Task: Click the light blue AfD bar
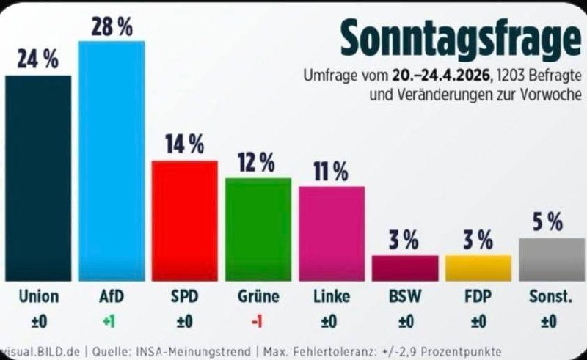[111, 161]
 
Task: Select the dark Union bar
[38, 178]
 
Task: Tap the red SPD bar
[184, 220]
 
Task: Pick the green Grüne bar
[258, 229]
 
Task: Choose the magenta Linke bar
[332, 233]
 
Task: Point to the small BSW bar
[405, 268]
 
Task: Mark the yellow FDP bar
[478, 268]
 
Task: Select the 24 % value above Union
[38, 61]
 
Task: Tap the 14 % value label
[184, 144]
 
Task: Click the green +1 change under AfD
[111, 320]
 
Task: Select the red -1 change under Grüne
[258, 320]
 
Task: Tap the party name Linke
[332, 296]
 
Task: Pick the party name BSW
[405, 296]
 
